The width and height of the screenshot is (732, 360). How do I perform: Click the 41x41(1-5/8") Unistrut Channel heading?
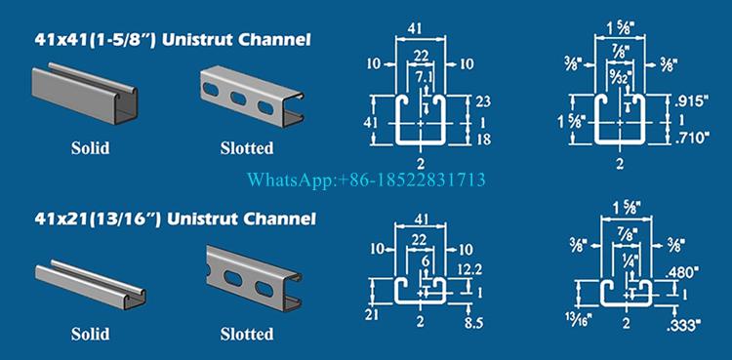(172, 40)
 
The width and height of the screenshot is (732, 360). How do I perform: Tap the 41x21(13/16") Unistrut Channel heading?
(175, 219)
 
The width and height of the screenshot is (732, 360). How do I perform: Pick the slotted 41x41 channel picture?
(252, 96)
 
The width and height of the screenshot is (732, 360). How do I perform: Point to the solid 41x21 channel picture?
(91, 284)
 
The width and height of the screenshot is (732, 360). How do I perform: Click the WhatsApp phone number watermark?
(366, 180)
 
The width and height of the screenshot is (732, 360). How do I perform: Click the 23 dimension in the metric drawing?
(484, 101)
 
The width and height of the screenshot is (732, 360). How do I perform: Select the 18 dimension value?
(484, 139)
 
